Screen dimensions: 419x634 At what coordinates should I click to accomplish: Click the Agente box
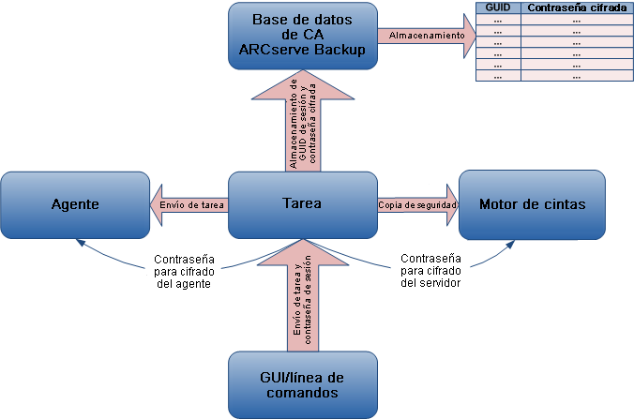pyautogui.click(x=75, y=204)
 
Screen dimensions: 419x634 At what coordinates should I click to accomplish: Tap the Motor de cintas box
pyautogui.click(x=532, y=204)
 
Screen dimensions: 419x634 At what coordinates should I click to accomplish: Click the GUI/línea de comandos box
pyautogui.click(x=303, y=385)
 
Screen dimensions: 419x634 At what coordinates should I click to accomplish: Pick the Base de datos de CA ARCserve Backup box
pyautogui.click(x=303, y=35)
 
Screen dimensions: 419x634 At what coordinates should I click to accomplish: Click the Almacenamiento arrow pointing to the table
pyautogui.click(x=426, y=36)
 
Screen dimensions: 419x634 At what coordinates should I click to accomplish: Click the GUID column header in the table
pyautogui.click(x=497, y=7)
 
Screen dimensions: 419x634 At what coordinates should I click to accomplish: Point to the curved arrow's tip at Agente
pyautogui.click(x=79, y=241)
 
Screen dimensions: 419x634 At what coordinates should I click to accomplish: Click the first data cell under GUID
pyautogui.click(x=497, y=19)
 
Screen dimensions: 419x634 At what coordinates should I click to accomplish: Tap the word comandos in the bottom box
pyautogui.click(x=302, y=394)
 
